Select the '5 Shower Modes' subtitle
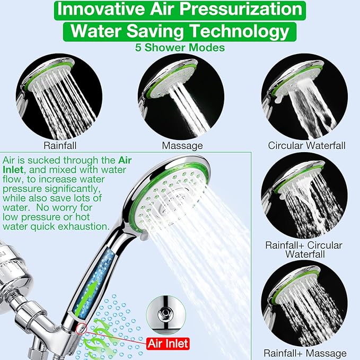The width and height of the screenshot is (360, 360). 180,48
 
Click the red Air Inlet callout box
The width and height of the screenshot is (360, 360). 166,344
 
